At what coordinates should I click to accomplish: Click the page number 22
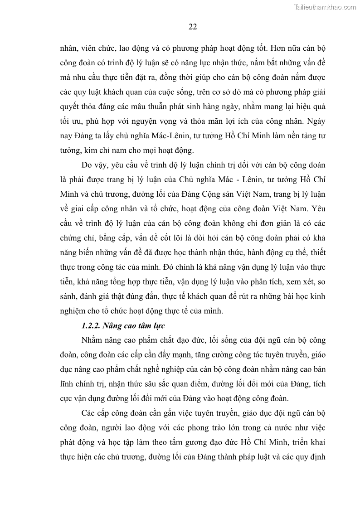[x=192, y=27]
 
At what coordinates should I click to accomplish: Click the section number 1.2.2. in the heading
[x=91, y=325]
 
